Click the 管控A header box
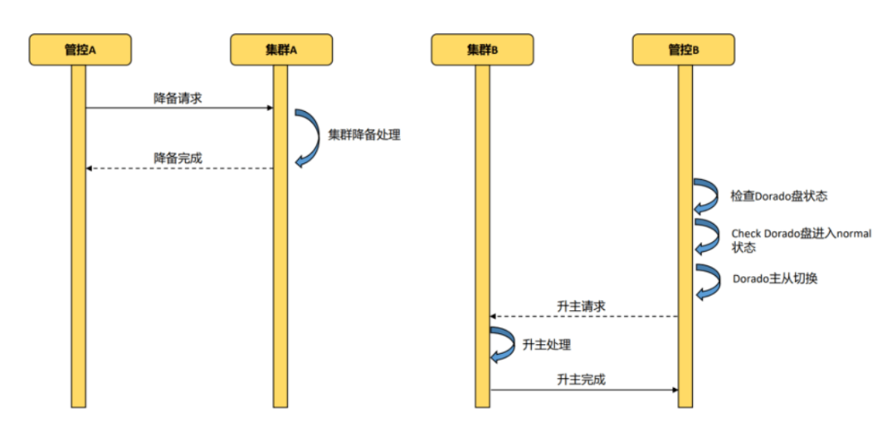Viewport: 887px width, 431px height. [x=80, y=50]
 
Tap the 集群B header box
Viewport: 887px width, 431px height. [x=482, y=50]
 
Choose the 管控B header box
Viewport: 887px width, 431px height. [x=684, y=50]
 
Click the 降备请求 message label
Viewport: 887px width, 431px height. [x=178, y=98]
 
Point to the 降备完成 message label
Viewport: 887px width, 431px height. [x=178, y=157]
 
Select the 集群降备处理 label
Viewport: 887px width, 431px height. [x=363, y=134]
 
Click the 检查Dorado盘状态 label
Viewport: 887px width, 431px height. [x=778, y=197]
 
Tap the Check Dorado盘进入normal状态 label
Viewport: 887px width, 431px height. [x=800, y=240]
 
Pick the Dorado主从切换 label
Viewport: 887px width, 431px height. [x=775, y=279]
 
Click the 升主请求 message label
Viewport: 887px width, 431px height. [x=581, y=306]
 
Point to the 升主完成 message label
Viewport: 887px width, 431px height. [x=581, y=380]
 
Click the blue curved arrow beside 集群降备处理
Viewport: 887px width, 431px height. [x=308, y=137]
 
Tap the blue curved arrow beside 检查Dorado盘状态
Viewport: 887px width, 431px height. [x=707, y=197]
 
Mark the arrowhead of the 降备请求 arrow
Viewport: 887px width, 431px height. [x=270, y=108]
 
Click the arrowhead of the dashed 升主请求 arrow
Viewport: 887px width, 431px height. [x=493, y=317]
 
